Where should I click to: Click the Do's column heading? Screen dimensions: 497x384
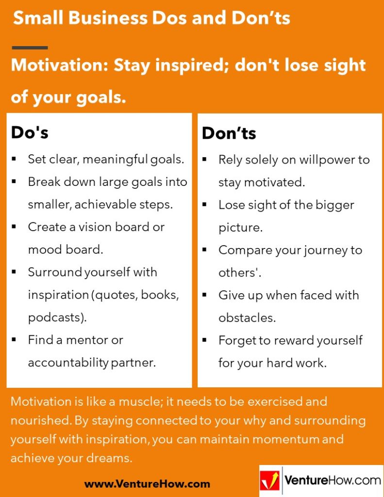tap(30, 133)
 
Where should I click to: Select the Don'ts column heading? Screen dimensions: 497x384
tap(229, 133)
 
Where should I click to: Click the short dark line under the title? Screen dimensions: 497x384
tap(30, 48)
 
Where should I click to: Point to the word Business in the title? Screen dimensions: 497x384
tap(107, 18)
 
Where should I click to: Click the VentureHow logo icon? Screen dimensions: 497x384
tap(270, 481)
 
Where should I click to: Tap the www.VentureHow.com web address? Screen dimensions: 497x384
tap(147, 484)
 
